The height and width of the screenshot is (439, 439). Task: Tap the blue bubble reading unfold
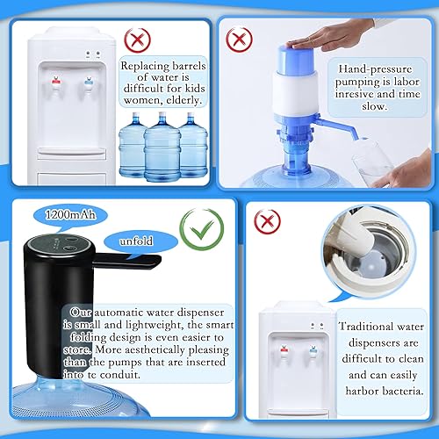(133, 239)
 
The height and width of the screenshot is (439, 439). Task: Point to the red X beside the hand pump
(237, 40)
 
